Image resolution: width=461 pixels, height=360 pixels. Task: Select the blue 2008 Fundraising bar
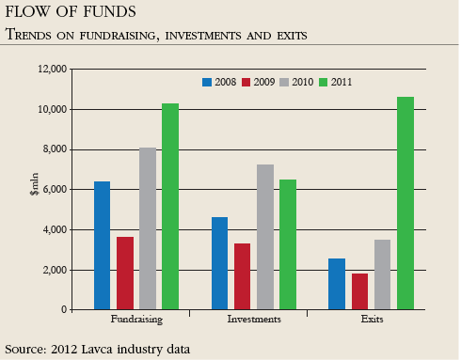(x=102, y=245)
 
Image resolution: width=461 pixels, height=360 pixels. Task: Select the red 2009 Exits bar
(x=359, y=291)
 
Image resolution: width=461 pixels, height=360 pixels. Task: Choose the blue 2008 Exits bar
(x=337, y=284)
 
